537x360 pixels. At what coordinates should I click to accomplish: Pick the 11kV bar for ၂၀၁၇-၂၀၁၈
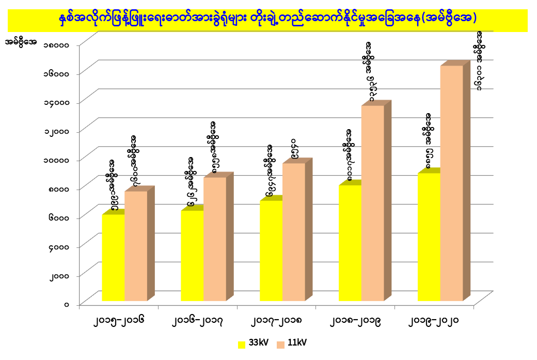(293, 232)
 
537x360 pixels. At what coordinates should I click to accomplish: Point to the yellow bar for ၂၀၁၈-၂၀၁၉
(350, 243)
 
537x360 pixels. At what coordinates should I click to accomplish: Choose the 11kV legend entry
(291, 343)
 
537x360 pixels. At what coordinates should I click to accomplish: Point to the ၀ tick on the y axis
(67, 304)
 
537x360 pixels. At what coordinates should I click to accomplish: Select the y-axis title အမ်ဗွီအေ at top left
(20, 42)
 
